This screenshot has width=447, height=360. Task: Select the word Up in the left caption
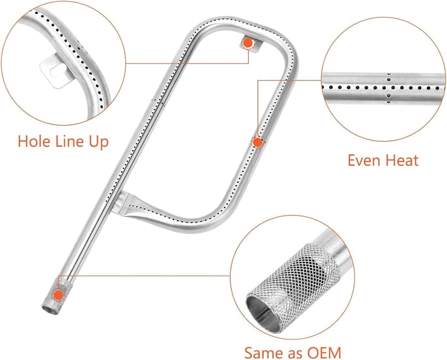(99, 142)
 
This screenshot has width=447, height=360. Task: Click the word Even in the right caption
(363, 160)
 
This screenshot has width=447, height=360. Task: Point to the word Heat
(401, 160)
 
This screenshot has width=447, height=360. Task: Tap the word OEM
(325, 353)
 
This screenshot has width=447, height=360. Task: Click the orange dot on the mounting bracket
(248, 43)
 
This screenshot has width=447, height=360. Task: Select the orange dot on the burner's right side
(258, 142)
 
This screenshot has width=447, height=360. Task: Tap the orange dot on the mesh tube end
(59, 295)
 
